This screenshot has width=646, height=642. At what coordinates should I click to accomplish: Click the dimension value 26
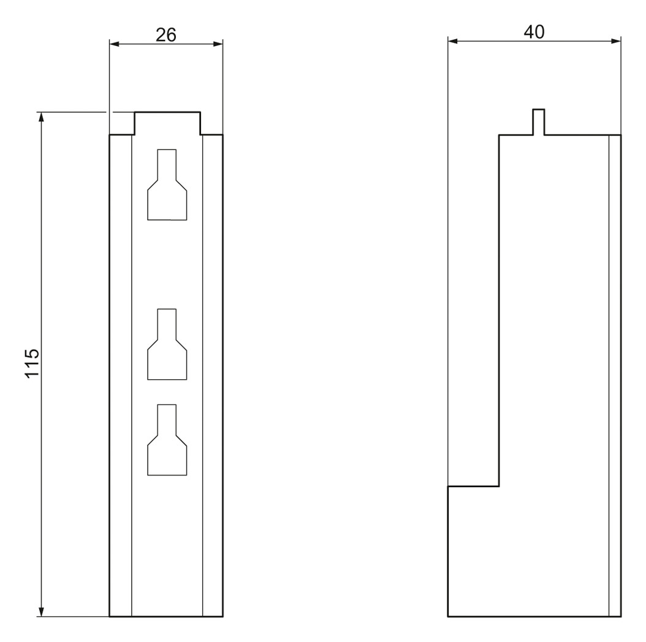pos(166,35)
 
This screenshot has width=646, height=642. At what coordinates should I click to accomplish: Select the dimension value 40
pos(534,32)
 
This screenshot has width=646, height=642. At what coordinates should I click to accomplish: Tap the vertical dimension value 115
pos(32,363)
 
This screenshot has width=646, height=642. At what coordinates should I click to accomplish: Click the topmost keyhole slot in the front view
pos(167,184)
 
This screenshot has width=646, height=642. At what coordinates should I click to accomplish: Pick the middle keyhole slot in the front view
pos(167,344)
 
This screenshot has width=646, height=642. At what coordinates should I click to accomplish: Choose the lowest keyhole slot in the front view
pos(167,440)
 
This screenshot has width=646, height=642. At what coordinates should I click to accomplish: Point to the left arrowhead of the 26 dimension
pos(114,44)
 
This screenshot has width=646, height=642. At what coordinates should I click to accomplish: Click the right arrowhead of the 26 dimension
pos(218,44)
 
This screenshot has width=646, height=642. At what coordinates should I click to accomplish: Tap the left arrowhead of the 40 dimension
pos(453,41)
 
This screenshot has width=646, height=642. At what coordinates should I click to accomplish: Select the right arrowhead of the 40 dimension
pos(616,41)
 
